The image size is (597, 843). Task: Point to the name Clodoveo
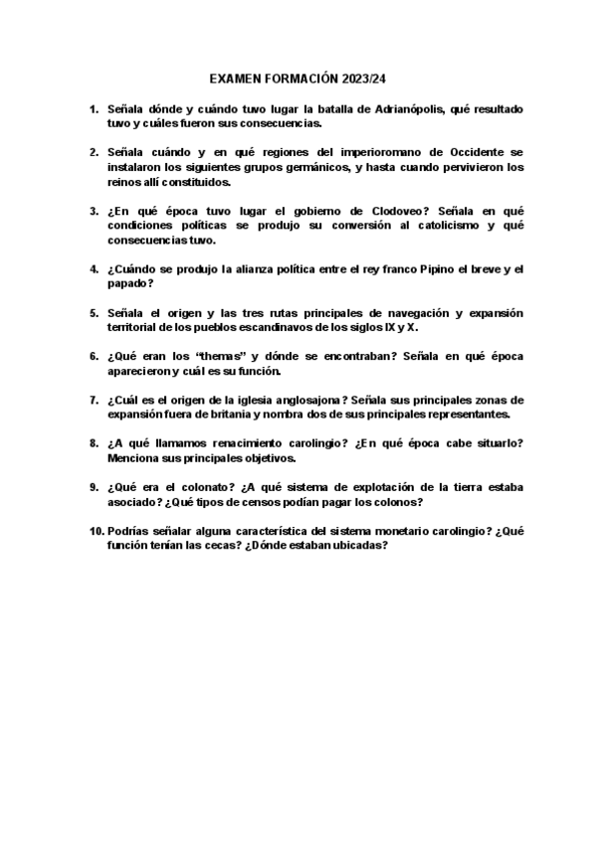[x=393, y=211]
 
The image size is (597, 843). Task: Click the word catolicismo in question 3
[x=416, y=226]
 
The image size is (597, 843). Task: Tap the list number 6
[x=94, y=357]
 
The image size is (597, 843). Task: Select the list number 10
[x=92, y=531]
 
